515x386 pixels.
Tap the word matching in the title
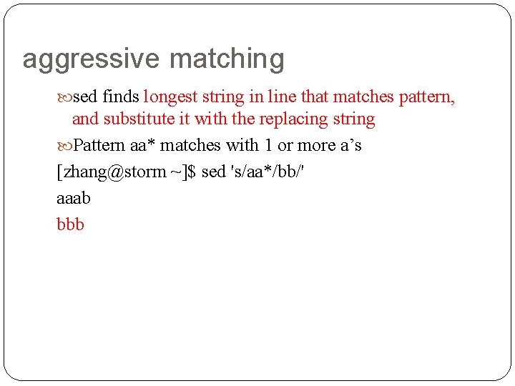[227, 59]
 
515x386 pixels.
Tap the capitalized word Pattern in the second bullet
[99, 145]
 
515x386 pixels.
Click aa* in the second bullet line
[143, 145]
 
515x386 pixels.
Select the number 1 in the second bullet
[268, 145]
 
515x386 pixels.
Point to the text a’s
[349, 145]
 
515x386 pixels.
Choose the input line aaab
[74, 198]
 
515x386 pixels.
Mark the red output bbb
[70, 224]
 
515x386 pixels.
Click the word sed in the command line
[213, 172]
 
